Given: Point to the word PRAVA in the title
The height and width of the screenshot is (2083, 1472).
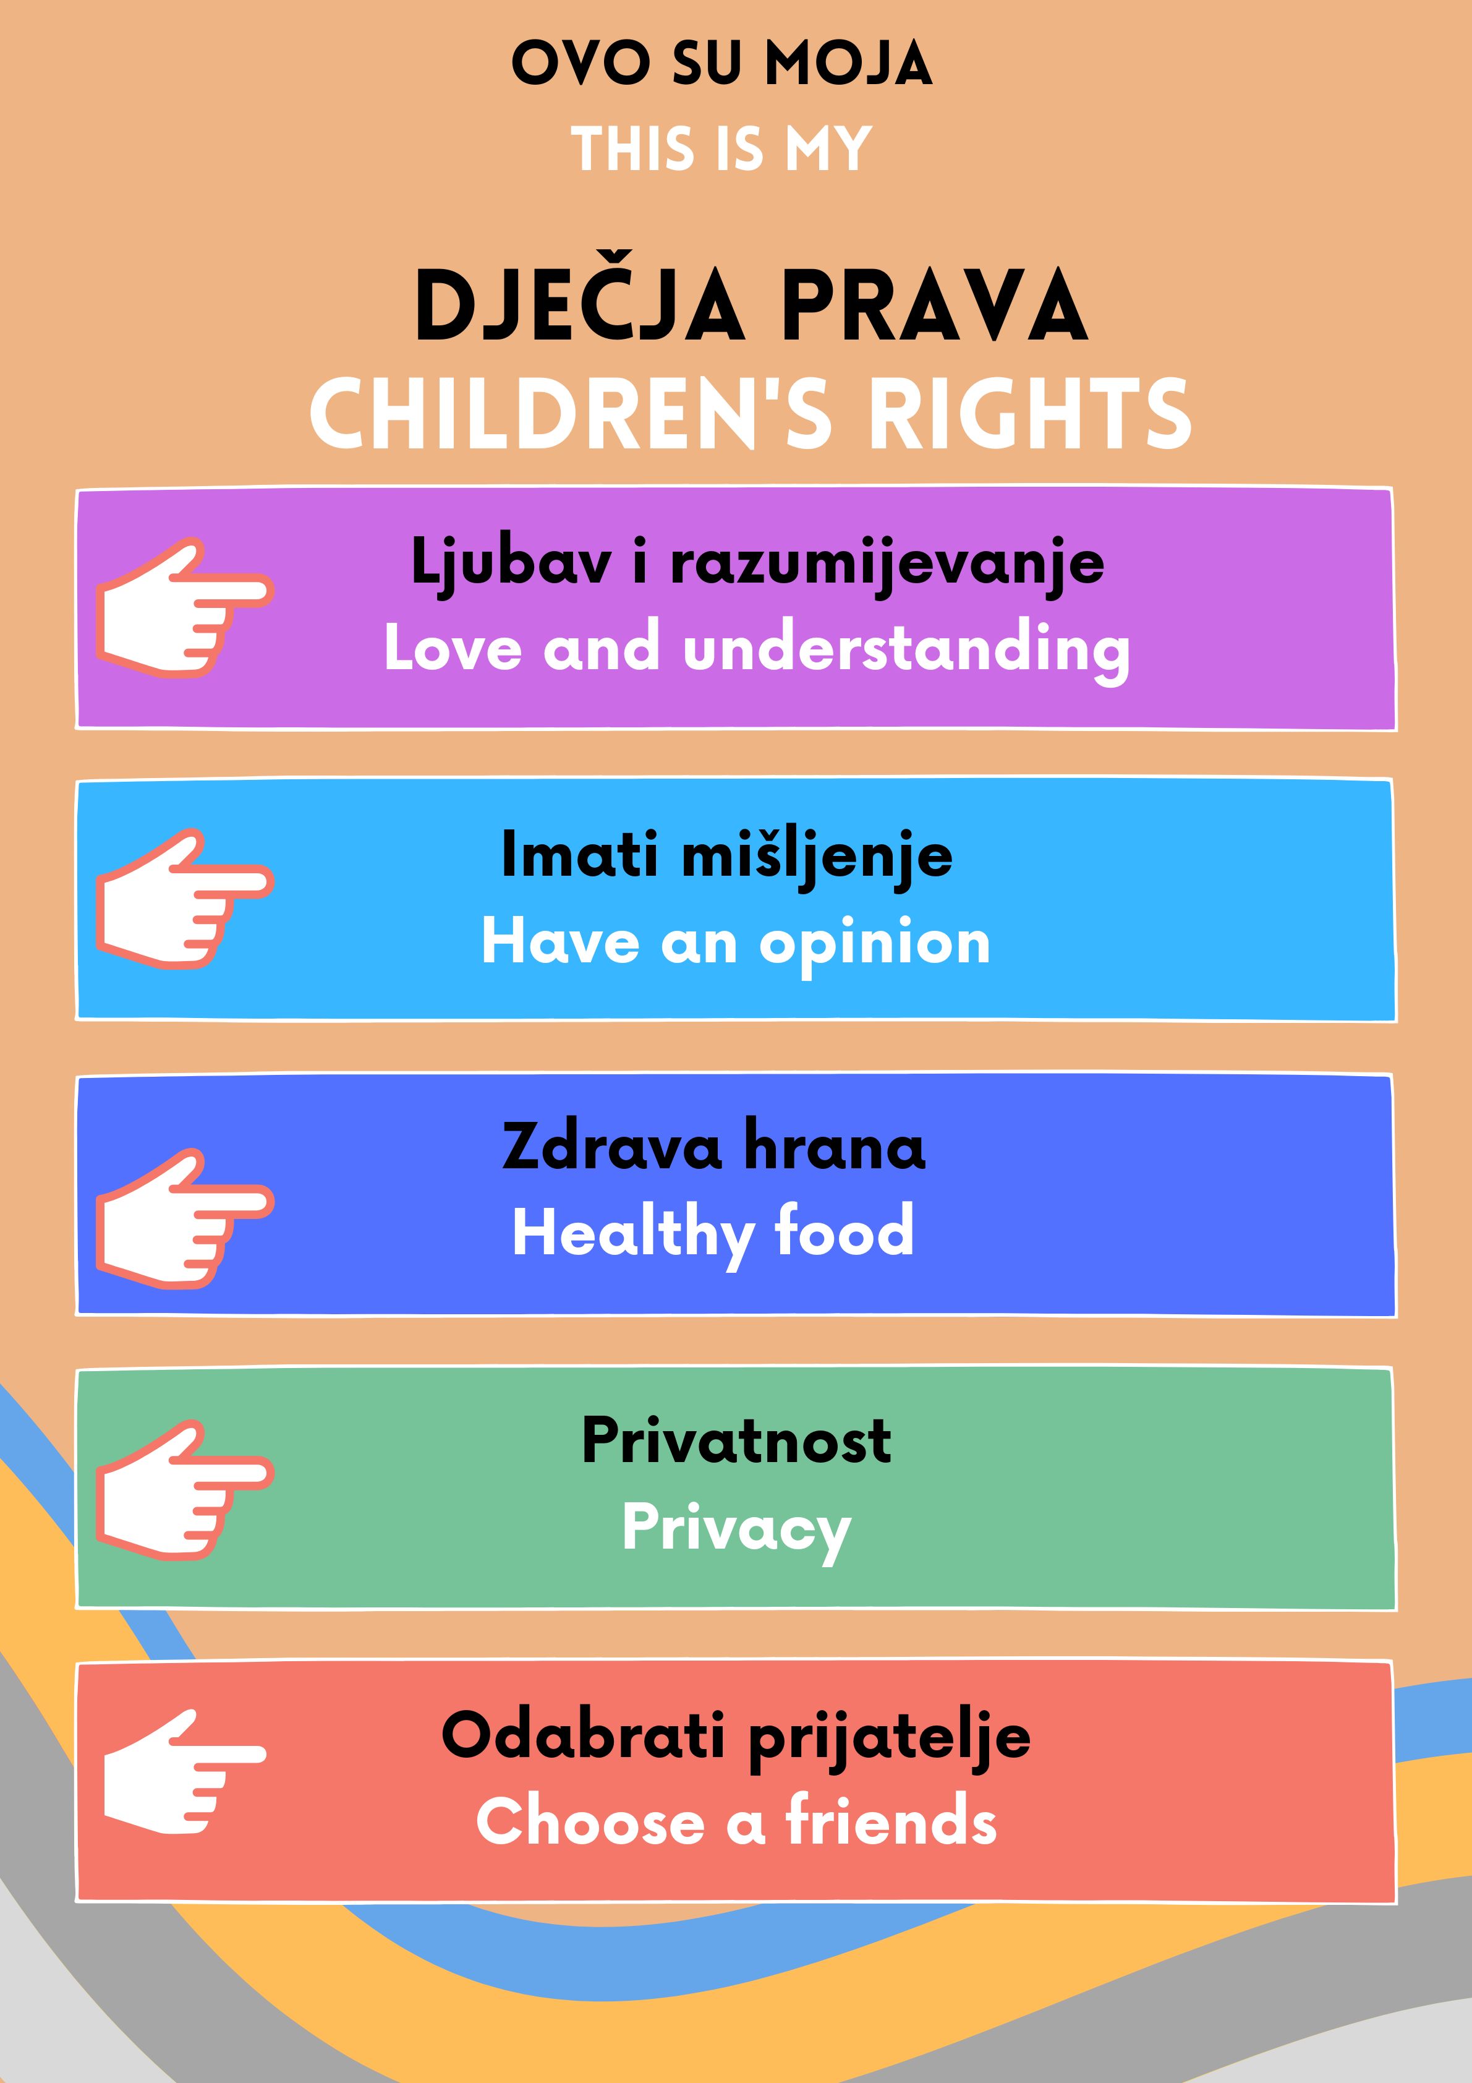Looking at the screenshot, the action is [x=934, y=306].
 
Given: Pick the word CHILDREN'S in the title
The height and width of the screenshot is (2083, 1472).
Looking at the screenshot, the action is [x=571, y=414].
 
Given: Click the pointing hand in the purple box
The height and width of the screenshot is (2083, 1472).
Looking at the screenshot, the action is [x=185, y=607].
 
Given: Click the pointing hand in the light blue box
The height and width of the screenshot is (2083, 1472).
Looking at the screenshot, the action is [x=185, y=898].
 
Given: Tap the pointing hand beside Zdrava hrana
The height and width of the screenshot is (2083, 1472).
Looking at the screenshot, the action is [x=185, y=1218].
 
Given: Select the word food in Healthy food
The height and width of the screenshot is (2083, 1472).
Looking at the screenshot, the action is [x=844, y=1231].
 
